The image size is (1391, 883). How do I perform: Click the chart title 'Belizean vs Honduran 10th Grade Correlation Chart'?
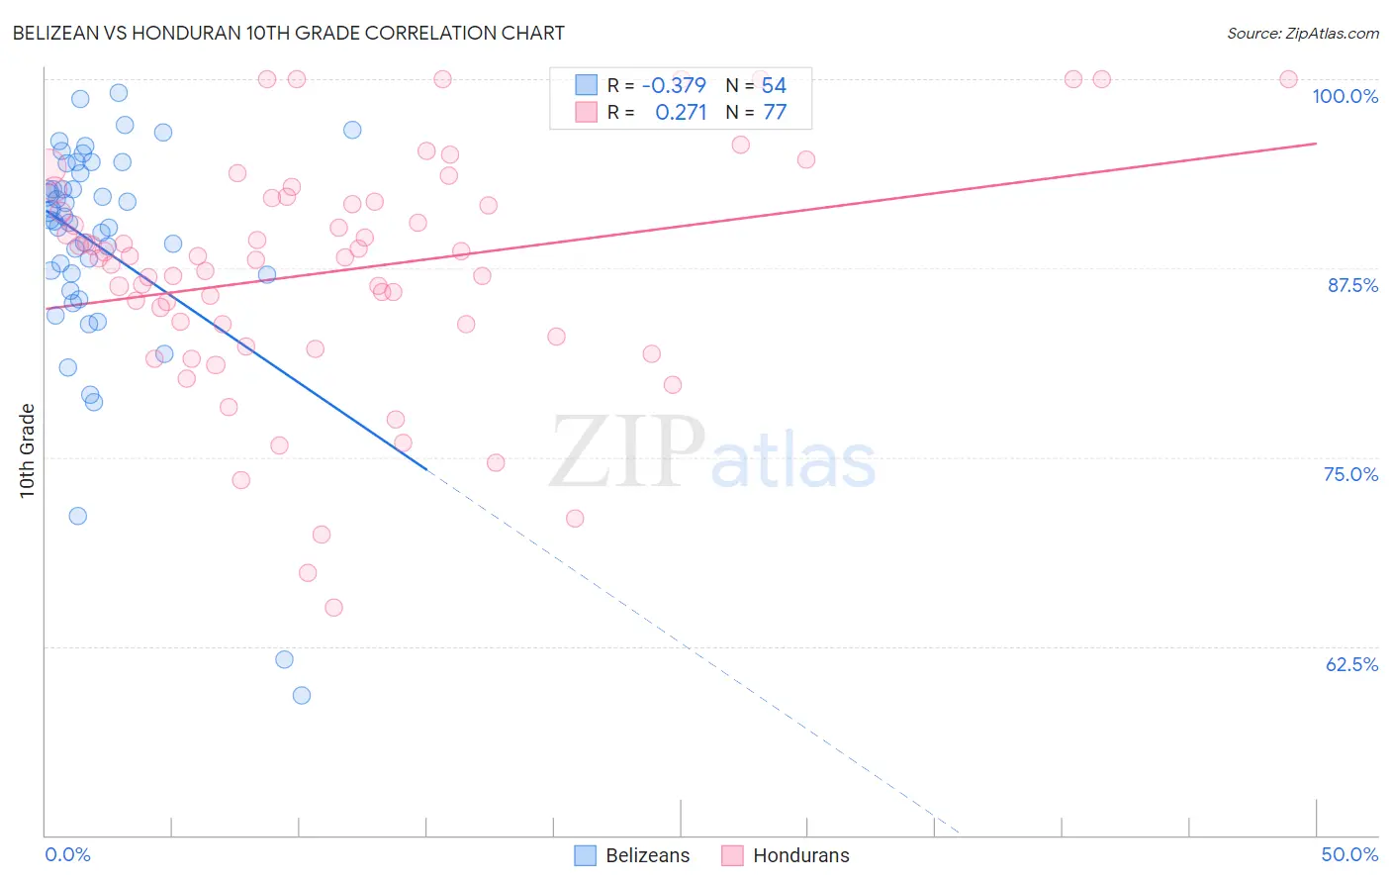pyautogui.click(x=288, y=33)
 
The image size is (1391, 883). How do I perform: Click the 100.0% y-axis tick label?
pyautogui.click(x=1345, y=96)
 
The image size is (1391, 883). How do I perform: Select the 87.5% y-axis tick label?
pyautogui.click(x=1351, y=285)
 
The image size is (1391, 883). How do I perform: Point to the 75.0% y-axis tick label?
pyautogui.click(x=1350, y=474)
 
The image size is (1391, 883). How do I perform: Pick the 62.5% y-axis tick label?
pyautogui.click(x=1351, y=664)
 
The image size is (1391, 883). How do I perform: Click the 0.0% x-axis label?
pyautogui.click(x=67, y=854)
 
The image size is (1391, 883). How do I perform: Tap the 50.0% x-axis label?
pyautogui.click(x=1349, y=854)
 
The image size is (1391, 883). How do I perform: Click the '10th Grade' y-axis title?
pyautogui.click(x=28, y=450)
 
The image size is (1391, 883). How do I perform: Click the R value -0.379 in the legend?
pyautogui.click(x=674, y=86)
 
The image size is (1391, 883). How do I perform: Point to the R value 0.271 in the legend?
pyautogui.click(x=681, y=113)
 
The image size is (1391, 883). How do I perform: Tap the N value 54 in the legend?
pyautogui.click(x=774, y=86)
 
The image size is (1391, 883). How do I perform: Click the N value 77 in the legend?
pyautogui.click(x=775, y=113)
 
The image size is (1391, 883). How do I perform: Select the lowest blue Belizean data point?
pyautogui.click(x=302, y=695)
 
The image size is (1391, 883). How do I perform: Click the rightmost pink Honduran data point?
pyautogui.click(x=1288, y=79)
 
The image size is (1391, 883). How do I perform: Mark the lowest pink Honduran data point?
pyautogui.click(x=333, y=608)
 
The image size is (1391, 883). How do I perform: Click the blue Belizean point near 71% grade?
pyautogui.click(x=77, y=516)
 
